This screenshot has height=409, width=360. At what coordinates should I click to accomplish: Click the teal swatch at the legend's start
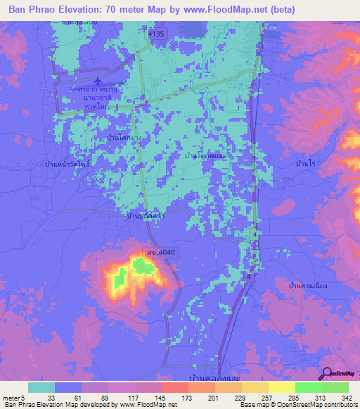[x=41, y=387]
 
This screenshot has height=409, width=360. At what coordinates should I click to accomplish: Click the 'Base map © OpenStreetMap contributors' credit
[x=297, y=405]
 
